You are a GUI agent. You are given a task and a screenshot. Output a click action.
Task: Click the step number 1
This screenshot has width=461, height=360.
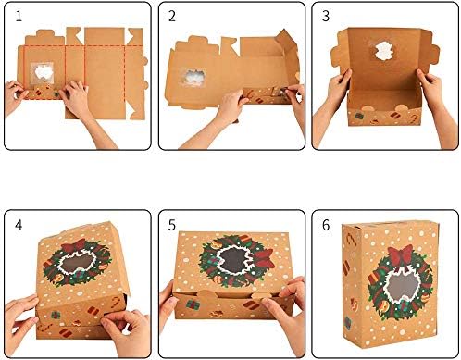(x=15, y=16)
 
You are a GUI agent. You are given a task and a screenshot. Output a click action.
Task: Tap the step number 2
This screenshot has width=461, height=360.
(x=172, y=17)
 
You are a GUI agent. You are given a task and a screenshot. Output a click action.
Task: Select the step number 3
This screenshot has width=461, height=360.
(x=324, y=17)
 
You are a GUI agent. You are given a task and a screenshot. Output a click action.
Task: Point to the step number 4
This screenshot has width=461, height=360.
(x=16, y=225)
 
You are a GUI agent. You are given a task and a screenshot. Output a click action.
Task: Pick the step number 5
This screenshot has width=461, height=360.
(x=170, y=225)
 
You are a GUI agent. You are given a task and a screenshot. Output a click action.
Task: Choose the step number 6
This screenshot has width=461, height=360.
(x=325, y=225)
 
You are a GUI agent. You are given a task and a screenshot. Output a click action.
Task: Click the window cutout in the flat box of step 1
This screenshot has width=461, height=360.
(x=42, y=73)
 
